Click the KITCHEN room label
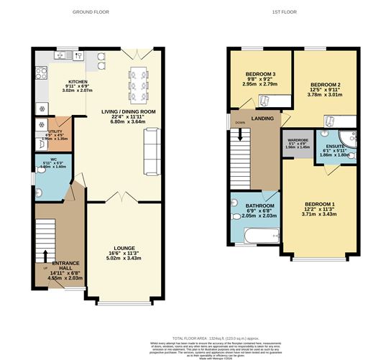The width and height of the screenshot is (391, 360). tap(77, 82)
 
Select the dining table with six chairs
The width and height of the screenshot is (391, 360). tap(137, 85)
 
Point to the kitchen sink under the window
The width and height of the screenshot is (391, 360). tap(69, 56)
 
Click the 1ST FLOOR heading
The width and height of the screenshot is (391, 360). tap(292, 11)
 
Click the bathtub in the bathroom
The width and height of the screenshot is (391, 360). tap(254, 234)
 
